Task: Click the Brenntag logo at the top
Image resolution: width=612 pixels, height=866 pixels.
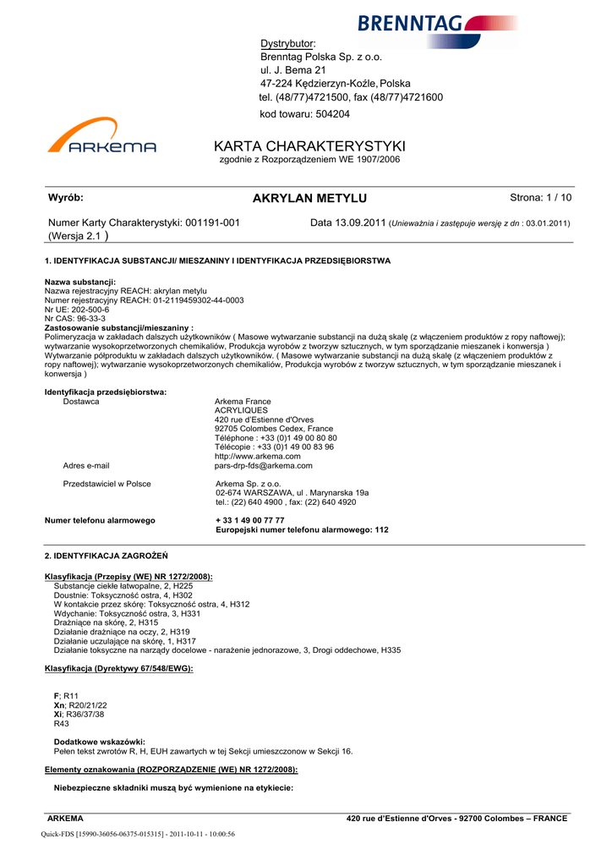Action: (x=438, y=25)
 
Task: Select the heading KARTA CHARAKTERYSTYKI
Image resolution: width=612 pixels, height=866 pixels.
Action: (x=310, y=145)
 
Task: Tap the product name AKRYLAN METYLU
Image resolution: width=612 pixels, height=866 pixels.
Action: (x=309, y=198)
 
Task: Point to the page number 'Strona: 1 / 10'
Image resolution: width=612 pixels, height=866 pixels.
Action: (x=541, y=198)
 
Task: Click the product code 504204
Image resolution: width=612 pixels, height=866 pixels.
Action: (x=331, y=113)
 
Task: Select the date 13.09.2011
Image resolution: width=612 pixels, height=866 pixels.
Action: (x=360, y=222)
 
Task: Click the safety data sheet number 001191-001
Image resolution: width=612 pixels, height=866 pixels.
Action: (x=212, y=222)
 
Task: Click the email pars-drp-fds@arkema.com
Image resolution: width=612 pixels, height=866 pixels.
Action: (x=264, y=465)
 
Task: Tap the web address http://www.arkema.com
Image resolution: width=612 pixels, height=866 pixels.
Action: (x=258, y=456)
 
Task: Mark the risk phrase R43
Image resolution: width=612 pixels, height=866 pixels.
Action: (x=62, y=723)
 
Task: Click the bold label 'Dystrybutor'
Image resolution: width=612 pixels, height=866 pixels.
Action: (x=287, y=43)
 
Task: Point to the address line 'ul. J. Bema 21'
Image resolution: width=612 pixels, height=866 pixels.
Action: (x=292, y=70)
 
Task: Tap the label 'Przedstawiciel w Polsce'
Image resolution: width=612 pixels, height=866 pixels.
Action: (x=107, y=484)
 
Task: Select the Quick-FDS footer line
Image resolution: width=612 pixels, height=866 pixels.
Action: (x=138, y=834)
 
